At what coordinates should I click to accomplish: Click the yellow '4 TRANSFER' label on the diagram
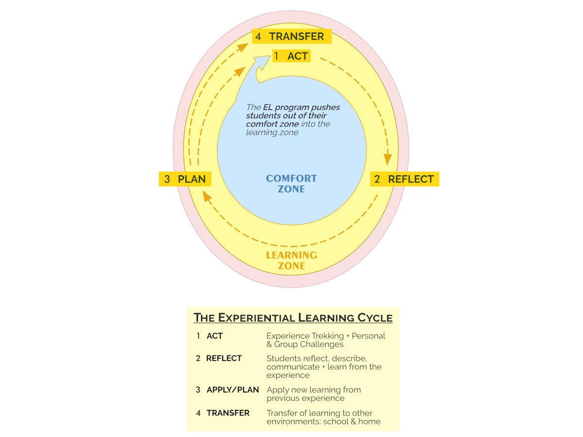[x=291, y=36]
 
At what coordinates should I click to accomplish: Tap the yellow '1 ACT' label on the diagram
[x=291, y=56]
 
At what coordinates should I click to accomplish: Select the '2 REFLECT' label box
[x=405, y=179]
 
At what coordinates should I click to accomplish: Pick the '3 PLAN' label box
[x=185, y=179]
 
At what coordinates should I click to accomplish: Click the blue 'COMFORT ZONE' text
[x=291, y=184]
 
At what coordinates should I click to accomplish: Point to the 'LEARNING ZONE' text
[x=291, y=260]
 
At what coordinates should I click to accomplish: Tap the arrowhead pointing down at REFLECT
[x=388, y=159]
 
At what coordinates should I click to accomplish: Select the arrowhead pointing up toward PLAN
[x=207, y=196]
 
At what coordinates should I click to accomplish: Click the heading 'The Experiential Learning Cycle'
[x=293, y=318]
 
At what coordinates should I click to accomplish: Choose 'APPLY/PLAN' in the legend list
[x=232, y=390]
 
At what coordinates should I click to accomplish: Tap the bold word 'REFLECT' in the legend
[x=224, y=358]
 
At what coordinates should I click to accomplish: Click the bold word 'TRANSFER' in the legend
[x=228, y=413]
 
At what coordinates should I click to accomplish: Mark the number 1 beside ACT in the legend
[x=198, y=336]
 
